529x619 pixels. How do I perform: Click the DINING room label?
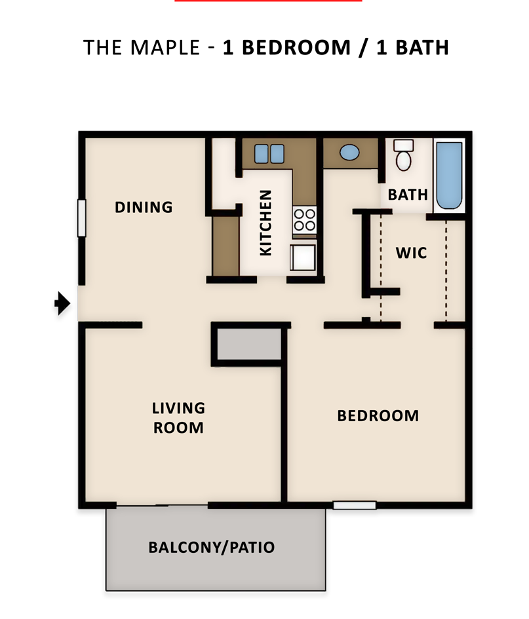point(144,208)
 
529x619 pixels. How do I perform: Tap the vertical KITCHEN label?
point(265,223)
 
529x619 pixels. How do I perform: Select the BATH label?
point(407,195)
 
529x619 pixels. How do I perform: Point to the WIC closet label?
point(411,252)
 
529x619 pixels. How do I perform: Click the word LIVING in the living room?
point(178,408)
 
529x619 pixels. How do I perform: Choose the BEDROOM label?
point(378,416)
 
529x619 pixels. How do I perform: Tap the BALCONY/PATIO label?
point(211,548)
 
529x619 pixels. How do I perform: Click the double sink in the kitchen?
point(269,153)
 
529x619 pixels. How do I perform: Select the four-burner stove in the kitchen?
point(304,219)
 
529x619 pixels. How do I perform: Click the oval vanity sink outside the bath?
point(349,153)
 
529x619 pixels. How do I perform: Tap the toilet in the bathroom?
point(402,155)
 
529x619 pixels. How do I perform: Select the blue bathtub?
point(449,176)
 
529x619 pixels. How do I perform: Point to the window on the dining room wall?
point(81,218)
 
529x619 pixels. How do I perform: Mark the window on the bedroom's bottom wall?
point(354,505)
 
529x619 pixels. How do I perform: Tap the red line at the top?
point(268,1)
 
